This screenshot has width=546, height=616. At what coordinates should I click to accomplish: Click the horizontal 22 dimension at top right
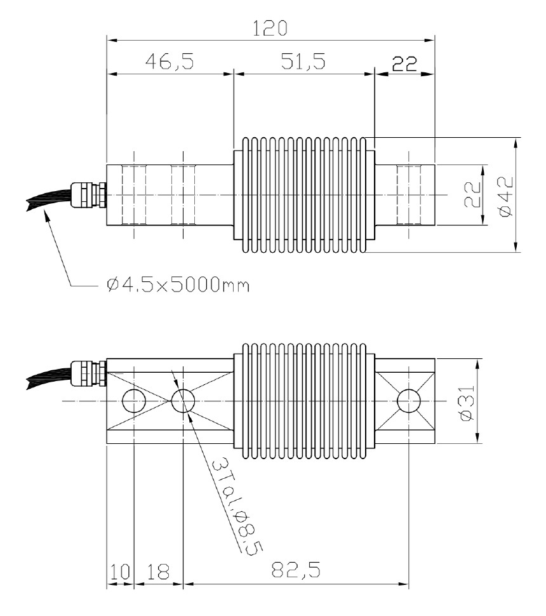tap(404, 63)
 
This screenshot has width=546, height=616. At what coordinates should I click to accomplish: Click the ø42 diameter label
tap(507, 195)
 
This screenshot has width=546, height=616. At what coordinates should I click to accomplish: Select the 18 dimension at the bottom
tap(158, 571)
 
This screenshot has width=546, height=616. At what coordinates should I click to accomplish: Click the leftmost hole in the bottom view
tap(135, 401)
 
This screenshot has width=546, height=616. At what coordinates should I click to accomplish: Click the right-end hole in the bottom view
tap(408, 401)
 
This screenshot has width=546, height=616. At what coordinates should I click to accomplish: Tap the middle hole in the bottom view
tap(183, 401)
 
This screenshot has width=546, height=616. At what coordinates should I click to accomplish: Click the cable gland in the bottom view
tap(88, 372)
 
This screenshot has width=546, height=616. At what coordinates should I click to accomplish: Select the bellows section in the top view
tap(305, 195)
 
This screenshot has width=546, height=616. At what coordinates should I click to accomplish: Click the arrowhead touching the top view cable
tap(46, 216)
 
